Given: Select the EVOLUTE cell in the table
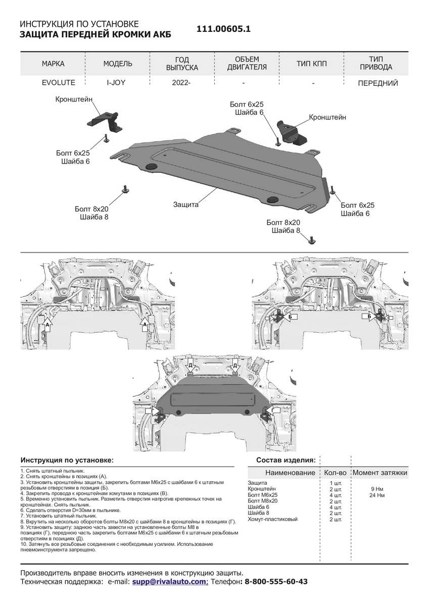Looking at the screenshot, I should (x=59, y=83).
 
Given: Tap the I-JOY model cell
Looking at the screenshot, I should (x=117, y=83).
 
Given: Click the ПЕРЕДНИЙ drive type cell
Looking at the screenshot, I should (x=378, y=83).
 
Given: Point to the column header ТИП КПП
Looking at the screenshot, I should (x=312, y=64).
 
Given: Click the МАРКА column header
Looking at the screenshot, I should (x=53, y=64).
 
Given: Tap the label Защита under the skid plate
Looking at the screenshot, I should (x=186, y=205).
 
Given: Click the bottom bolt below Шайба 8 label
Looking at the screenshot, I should (x=311, y=239).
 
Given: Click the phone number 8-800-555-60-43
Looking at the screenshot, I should (x=275, y=582).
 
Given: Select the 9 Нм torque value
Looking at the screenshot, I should (x=376, y=489).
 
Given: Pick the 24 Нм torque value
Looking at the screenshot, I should (x=376, y=495).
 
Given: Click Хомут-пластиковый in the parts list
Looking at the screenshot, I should (x=273, y=519).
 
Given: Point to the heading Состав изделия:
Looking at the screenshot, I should (x=286, y=460).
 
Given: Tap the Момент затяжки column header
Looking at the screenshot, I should (x=379, y=473).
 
